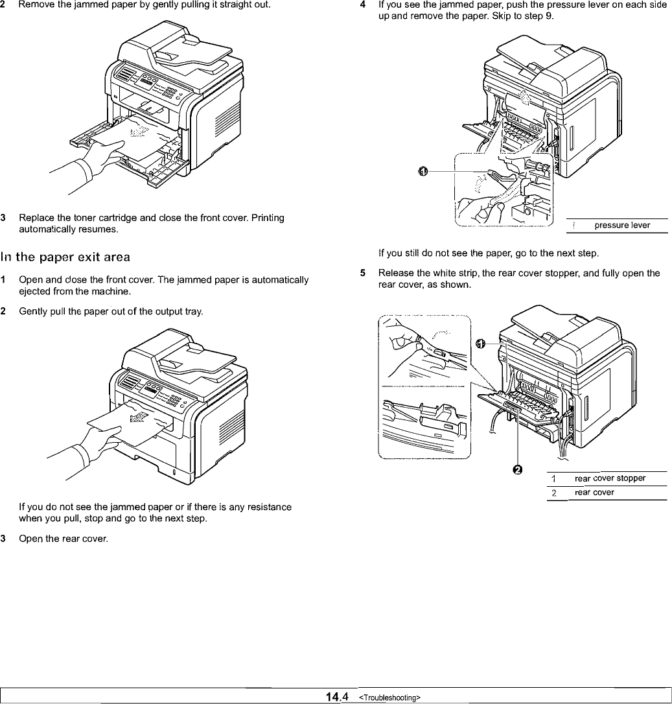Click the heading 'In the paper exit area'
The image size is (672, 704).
[67, 257]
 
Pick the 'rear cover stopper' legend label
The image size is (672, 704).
[610, 478]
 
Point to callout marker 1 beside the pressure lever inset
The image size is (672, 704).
[423, 170]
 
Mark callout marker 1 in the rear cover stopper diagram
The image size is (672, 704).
[480, 344]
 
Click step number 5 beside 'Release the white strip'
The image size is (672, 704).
[364, 273]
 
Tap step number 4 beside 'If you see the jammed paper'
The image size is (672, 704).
[364, 5]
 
